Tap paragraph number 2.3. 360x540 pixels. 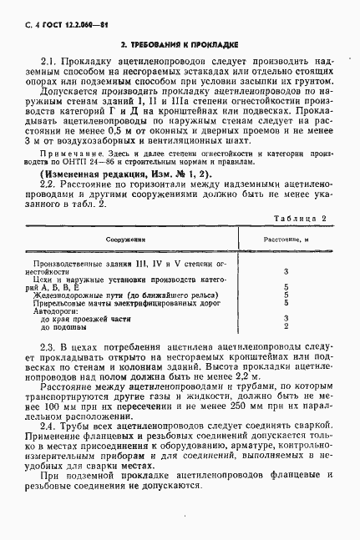(x=48, y=346)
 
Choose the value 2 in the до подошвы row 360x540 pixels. (x=286, y=326)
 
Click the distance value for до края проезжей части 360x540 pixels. (x=286, y=318)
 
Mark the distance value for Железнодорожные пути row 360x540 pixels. (x=286, y=295)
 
